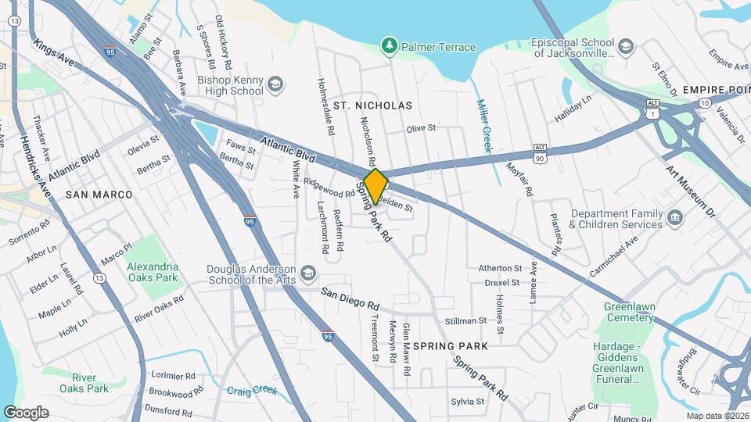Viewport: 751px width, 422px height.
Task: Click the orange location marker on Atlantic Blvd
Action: (375, 186)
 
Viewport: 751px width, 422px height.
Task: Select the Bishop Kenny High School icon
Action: (275, 84)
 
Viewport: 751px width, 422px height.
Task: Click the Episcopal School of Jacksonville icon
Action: (625, 47)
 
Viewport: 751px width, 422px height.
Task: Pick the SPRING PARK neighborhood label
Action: (450, 346)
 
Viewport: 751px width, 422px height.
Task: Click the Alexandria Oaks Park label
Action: (153, 272)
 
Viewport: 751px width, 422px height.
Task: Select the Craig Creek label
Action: (252, 390)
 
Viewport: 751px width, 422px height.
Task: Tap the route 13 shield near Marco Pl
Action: (99, 277)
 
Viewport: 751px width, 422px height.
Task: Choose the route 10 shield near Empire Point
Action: (705, 103)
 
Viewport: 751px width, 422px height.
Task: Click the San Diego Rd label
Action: (350, 299)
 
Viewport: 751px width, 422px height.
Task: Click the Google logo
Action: (26, 412)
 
